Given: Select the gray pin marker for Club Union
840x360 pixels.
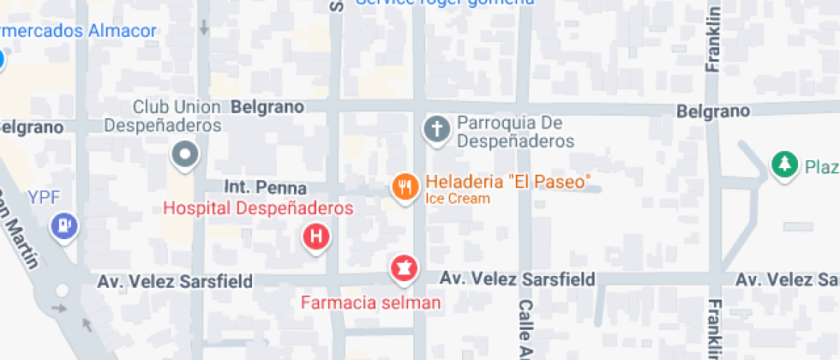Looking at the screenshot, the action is click(185, 156).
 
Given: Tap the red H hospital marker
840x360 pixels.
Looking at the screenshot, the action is click(316, 237).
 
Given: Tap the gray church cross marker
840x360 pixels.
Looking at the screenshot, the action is click(436, 130).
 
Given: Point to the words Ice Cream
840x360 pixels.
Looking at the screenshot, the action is click(458, 199).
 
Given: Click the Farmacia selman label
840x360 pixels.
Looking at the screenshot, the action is click(371, 302).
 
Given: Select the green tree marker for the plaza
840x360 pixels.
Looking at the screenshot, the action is click(783, 164).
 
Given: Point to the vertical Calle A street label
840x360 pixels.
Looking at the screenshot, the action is click(526, 329).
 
